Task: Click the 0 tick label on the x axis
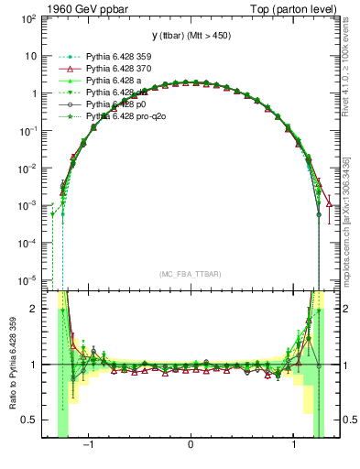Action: pyautogui.click(x=190, y=446)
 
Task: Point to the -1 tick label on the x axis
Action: pyautogui.click(x=90, y=446)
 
